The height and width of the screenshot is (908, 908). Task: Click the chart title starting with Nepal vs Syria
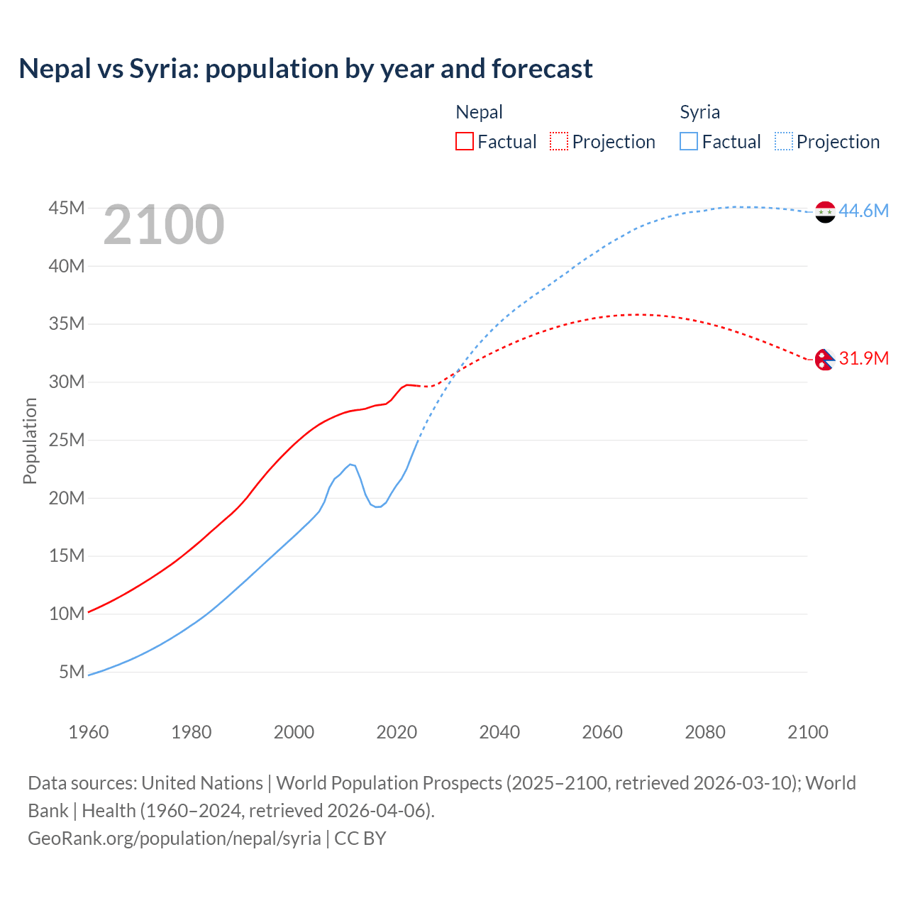pyautogui.click(x=306, y=69)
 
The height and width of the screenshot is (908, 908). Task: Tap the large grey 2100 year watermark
pyautogui.click(x=164, y=225)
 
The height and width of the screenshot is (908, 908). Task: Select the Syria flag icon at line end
pyautogui.click(x=825, y=211)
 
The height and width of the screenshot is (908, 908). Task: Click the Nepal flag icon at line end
pyautogui.click(x=824, y=360)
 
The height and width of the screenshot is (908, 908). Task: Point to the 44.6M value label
pyautogui.click(x=863, y=211)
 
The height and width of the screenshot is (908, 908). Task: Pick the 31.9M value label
pyautogui.click(x=863, y=358)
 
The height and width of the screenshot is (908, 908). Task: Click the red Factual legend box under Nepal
pyautogui.click(x=465, y=141)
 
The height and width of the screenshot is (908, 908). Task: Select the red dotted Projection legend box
pyautogui.click(x=559, y=141)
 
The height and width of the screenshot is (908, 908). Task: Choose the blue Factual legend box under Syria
pyautogui.click(x=689, y=141)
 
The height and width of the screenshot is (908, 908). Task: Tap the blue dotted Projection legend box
pyautogui.click(x=784, y=141)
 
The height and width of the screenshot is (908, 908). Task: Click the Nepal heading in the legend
pyautogui.click(x=479, y=112)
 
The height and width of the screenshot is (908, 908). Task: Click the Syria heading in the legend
pyautogui.click(x=699, y=112)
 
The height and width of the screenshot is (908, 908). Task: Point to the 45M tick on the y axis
pyautogui.click(x=67, y=208)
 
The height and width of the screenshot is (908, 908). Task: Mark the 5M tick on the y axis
pyautogui.click(x=72, y=671)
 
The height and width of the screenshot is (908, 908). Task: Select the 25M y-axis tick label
pyautogui.click(x=67, y=440)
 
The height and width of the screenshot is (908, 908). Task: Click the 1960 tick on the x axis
pyautogui.click(x=89, y=732)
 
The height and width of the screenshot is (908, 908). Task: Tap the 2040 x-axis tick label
pyautogui.click(x=499, y=732)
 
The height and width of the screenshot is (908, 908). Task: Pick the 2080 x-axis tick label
pyautogui.click(x=705, y=732)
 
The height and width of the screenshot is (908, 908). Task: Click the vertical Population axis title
pyautogui.click(x=30, y=441)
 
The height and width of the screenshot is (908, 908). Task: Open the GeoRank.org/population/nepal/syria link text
pyautogui.click(x=175, y=838)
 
